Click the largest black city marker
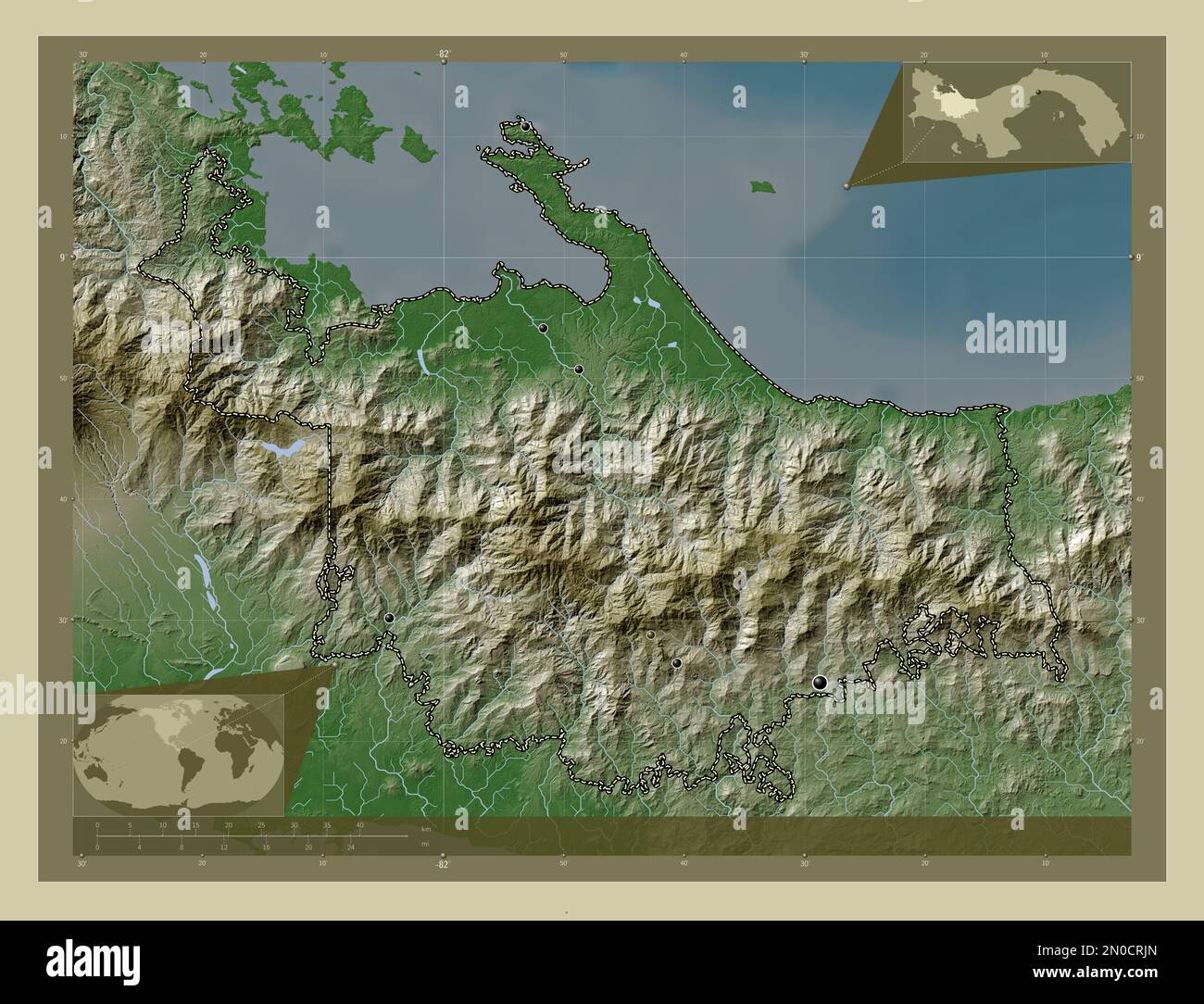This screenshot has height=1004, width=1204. click(x=820, y=683)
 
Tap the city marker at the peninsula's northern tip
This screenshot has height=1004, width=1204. click(x=525, y=126)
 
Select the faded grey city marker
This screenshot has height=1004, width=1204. click(x=652, y=634)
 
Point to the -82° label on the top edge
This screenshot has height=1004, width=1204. click(x=444, y=55)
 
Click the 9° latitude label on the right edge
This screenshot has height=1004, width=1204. click(x=1138, y=257)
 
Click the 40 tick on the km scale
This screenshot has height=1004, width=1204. click(x=359, y=824)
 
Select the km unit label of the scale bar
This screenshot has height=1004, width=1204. click(x=425, y=829)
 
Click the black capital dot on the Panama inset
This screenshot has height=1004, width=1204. click(x=1038, y=93)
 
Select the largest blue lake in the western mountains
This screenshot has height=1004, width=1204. click(x=282, y=448)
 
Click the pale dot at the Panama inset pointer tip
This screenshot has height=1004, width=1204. click(x=847, y=186)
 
